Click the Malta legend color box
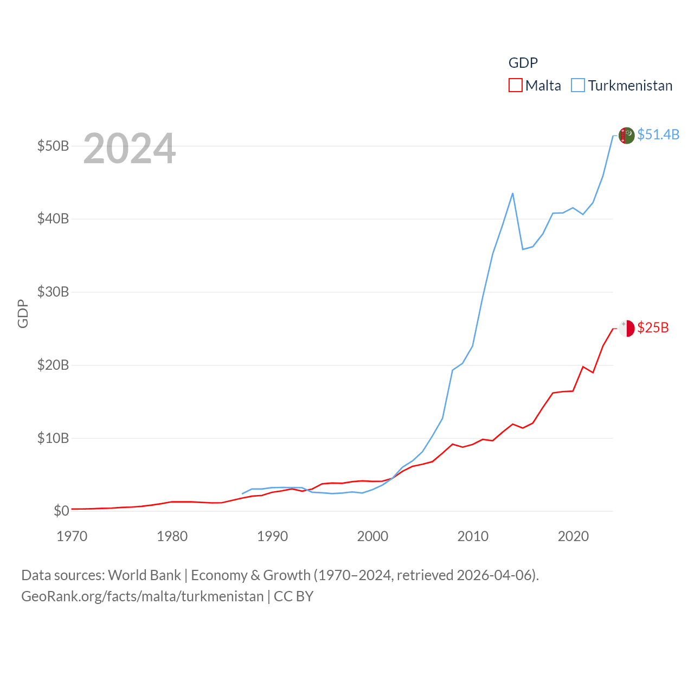click(x=515, y=86)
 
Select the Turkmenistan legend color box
click(x=578, y=86)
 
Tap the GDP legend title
click(x=523, y=63)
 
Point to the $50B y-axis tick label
click(x=53, y=146)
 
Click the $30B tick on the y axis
click(x=53, y=292)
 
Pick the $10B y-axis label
click(x=53, y=438)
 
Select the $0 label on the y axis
click(x=61, y=511)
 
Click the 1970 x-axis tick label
click(x=72, y=536)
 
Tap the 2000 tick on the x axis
click(x=372, y=536)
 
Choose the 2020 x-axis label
click(x=573, y=536)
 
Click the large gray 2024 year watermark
click(x=129, y=149)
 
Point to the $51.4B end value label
click(x=658, y=134)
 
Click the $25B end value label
click(x=653, y=327)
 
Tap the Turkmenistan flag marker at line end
click(x=626, y=136)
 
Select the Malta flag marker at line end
click(x=626, y=329)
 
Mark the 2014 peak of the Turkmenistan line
click(x=512, y=194)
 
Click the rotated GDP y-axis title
click(x=23, y=313)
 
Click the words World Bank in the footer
click(x=144, y=575)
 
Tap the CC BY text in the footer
click(x=293, y=596)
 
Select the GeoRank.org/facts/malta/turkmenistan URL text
click(x=142, y=596)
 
